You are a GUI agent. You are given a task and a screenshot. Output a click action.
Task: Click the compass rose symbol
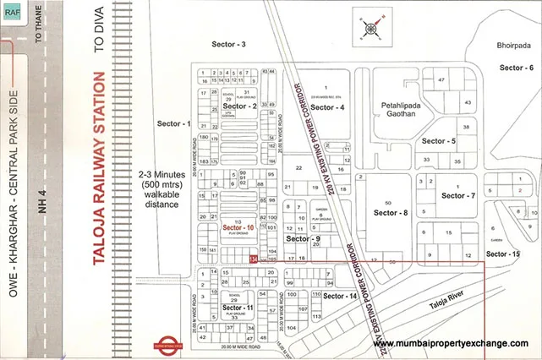point(371,28)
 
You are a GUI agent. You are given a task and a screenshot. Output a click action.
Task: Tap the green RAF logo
point(14,11)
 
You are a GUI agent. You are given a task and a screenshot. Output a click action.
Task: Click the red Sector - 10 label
point(238,228)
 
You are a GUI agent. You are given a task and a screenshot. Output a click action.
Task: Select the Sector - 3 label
point(228,44)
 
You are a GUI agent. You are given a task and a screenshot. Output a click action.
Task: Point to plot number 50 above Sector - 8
point(388,204)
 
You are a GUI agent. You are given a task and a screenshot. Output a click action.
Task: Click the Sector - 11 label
point(238,308)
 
